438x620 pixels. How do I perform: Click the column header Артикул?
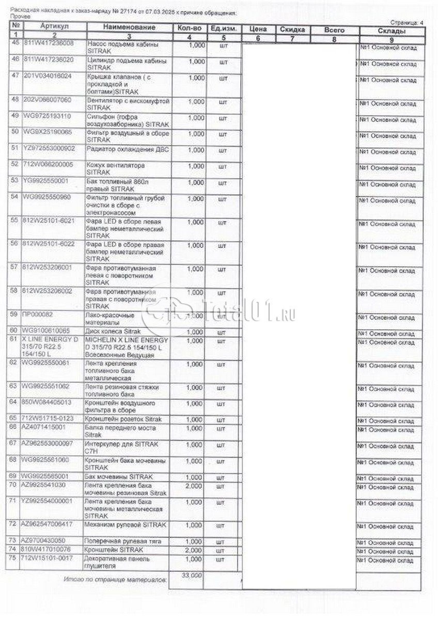(53, 27)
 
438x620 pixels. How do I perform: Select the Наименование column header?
(129, 27)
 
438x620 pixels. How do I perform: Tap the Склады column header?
(391, 32)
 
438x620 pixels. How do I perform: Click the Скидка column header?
(292, 30)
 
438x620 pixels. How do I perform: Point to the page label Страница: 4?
(407, 23)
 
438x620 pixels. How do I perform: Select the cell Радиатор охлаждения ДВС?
(123, 150)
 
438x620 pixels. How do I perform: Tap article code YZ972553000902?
(50, 149)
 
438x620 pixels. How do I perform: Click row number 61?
(15, 339)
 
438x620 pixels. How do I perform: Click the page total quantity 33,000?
(190, 575)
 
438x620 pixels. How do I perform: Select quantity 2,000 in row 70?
(194, 486)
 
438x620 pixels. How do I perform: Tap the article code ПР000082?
(39, 314)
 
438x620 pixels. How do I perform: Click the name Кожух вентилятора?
(116, 166)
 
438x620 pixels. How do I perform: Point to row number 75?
(15, 559)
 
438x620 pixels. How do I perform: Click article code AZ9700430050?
(44, 541)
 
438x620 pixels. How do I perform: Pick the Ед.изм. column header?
(223, 27)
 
